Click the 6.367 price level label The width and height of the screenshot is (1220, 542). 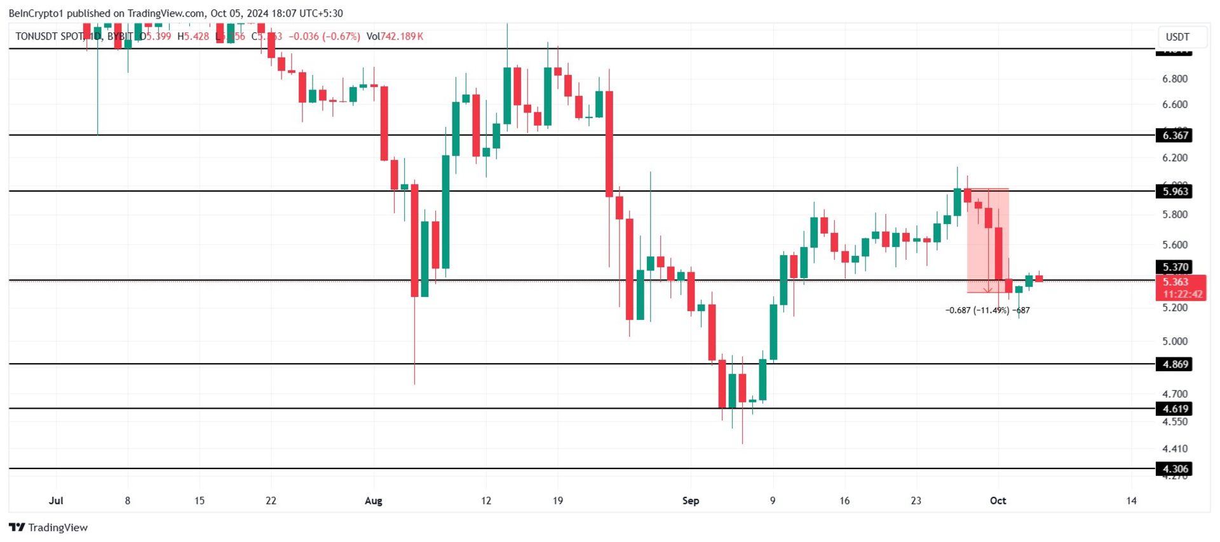tap(1174, 135)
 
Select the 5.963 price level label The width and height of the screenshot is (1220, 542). tap(1174, 192)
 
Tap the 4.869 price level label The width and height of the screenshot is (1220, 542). tap(1174, 364)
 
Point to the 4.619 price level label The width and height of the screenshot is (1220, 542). tap(1174, 409)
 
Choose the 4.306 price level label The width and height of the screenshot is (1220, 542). tap(1174, 469)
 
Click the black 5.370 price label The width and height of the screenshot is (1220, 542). tap(1174, 267)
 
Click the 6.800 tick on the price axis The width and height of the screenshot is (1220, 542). tap(1174, 79)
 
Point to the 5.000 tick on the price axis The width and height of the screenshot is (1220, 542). tap(1174, 341)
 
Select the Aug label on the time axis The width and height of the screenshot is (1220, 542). tap(374, 501)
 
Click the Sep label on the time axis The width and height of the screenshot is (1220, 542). tap(691, 501)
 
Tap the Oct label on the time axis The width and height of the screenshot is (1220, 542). tap(998, 501)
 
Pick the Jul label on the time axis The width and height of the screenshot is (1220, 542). tap(56, 501)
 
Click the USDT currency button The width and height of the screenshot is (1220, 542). tap(1177, 37)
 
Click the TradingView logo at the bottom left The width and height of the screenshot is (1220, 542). tap(48, 527)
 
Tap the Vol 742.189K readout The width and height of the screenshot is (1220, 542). tap(395, 37)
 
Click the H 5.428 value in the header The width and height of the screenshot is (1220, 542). tap(193, 37)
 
